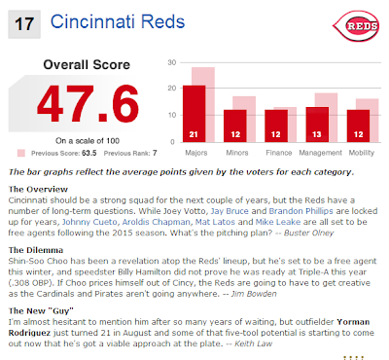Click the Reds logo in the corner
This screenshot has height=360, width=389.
tap(356, 26)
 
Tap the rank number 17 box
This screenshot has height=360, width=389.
tap(24, 24)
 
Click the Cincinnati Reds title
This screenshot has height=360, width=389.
tap(118, 22)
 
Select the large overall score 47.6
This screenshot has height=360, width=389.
tap(88, 103)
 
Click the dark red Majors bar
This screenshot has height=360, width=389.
tap(194, 114)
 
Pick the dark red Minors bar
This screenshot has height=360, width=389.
tap(235, 126)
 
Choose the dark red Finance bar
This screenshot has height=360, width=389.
tap(276, 126)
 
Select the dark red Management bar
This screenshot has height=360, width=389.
tap(317, 125)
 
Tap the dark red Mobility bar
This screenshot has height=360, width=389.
tap(358, 126)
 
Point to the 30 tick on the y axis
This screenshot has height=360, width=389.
tap(172, 62)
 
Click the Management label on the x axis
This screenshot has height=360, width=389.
tap(320, 153)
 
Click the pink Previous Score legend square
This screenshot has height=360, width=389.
tap(21, 153)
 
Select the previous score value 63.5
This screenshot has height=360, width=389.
tap(89, 153)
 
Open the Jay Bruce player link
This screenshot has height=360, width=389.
tap(230, 211)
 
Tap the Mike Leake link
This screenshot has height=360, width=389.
tap(278, 222)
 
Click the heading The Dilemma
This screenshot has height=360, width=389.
tap(36, 250)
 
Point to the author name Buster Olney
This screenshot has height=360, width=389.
tap(308, 233)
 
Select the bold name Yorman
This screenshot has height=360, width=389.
tap(353, 322)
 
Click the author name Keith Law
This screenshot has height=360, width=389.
tap(253, 343)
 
